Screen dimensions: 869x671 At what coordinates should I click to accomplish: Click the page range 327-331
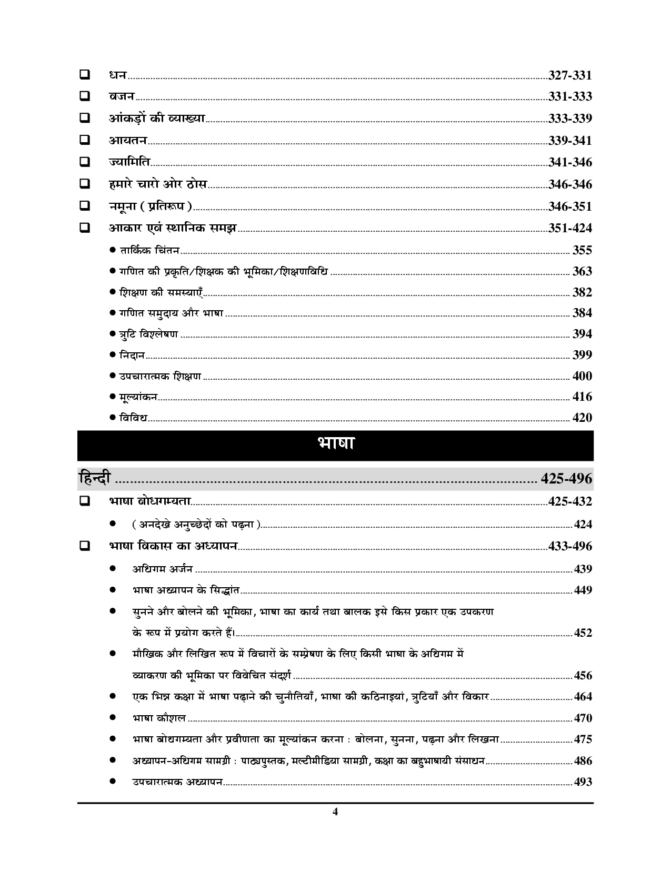pos(570,75)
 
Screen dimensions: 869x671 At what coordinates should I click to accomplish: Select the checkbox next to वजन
pos(84,96)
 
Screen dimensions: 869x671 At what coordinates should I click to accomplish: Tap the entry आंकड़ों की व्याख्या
pos(157,118)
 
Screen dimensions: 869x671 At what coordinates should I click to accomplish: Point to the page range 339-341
pos(570,141)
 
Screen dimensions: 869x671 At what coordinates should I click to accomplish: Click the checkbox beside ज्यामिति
pos(84,162)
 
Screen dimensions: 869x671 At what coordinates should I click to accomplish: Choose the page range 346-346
pos(570,184)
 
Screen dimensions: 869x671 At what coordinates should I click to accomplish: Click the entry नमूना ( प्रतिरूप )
pos(151,206)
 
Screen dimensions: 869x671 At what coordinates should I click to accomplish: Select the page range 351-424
pos(570,228)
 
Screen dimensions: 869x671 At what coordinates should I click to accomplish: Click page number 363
pos(582,271)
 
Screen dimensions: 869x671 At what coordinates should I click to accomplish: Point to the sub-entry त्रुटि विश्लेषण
pos(148,334)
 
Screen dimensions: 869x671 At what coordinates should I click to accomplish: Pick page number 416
pos(582,397)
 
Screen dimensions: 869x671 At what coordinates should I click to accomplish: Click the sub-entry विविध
pos(133,418)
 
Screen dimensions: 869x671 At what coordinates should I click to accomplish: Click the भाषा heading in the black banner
pos(335,444)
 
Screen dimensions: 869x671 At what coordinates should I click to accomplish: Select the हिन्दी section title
pos(95,478)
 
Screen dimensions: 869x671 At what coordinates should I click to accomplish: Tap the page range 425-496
pos(566,479)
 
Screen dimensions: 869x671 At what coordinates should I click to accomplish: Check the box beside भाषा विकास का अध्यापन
pos(84,546)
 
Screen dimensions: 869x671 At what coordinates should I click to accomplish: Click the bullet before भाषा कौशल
pos(113,718)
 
